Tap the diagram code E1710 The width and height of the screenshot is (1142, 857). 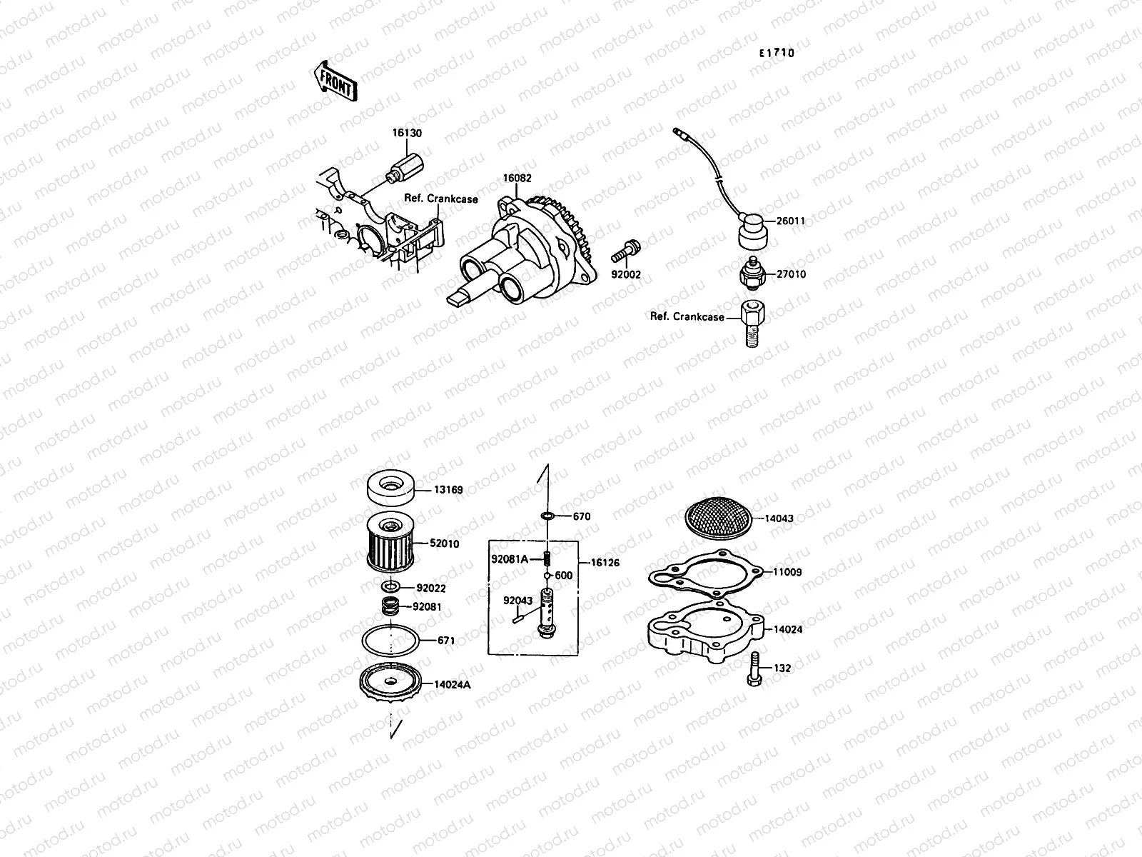[777, 53]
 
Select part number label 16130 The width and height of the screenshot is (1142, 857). [406, 133]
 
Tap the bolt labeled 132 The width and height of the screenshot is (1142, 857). [755, 668]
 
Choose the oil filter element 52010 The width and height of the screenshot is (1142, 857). [386, 549]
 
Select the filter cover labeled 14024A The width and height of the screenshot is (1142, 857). [390, 681]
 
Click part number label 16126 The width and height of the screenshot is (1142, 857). [605, 563]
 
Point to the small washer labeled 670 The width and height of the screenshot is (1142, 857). [547, 516]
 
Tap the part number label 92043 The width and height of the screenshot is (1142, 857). [517, 601]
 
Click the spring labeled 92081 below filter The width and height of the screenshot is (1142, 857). [389, 608]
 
